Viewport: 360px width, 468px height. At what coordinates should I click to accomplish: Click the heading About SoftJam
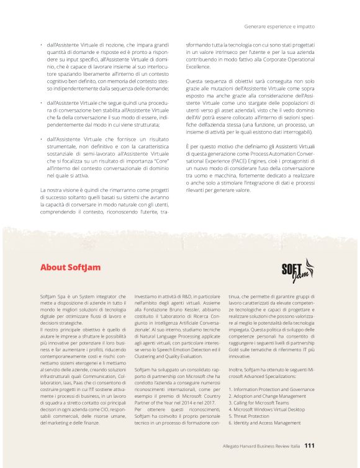coord(70,268)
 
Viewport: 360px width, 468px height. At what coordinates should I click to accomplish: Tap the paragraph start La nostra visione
coord(61,189)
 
